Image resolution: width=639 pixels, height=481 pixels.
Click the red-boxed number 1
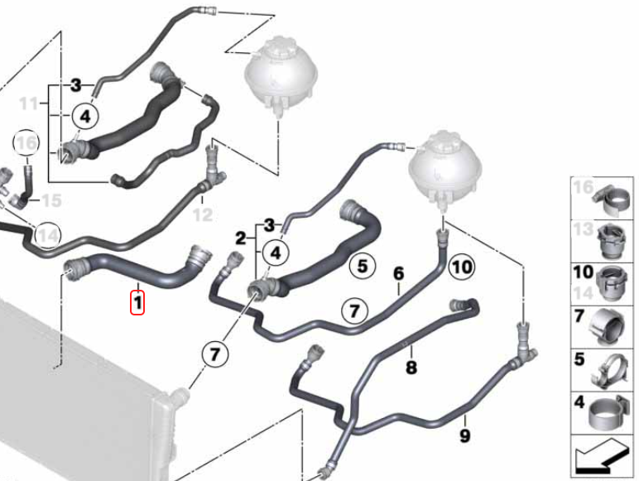[x=137, y=302]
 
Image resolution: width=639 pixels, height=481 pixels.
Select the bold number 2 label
[x=241, y=238]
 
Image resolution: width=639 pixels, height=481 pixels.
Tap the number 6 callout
[x=398, y=273]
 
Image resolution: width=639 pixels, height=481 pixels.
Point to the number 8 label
[x=411, y=368]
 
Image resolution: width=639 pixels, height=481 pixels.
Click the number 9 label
[x=465, y=435]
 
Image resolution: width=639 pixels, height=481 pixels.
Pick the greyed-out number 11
[x=29, y=103]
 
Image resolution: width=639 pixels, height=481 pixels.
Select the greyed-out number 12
[x=203, y=214]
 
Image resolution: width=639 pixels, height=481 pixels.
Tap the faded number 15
[x=52, y=200]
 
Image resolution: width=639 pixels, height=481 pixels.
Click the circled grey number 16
[x=26, y=143]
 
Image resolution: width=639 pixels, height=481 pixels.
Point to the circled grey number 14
[x=48, y=236]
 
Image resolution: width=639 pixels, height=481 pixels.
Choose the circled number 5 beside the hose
[x=363, y=267]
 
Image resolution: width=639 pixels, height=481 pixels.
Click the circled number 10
[x=461, y=267]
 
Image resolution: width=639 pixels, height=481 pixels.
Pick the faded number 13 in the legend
[x=584, y=229]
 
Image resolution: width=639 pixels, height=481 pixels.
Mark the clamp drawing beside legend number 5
[x=608, y=371]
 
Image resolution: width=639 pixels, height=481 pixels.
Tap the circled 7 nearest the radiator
[x=214, y=354]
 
